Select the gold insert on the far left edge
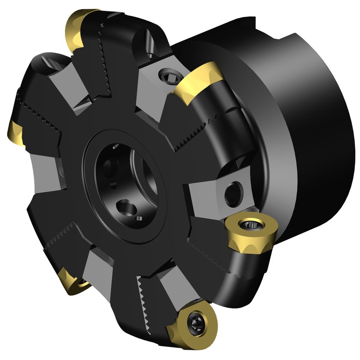pyautogui.click(x=15, y=133)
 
